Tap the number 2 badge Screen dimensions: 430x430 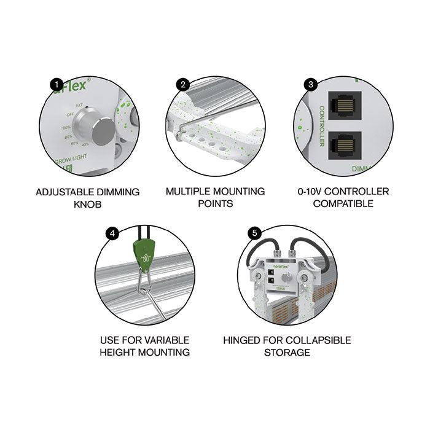click(x=182, y=85)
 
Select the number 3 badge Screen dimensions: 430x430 click(x=311, y=84)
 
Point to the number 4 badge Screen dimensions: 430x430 click(x=111, y=233)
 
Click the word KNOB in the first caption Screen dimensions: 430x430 click(x=88, y=204)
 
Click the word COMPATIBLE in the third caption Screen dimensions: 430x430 click(x=343, y=203)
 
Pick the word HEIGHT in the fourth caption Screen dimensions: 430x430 click(x=119, y=352)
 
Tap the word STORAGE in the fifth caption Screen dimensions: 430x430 click(x=286, y=352)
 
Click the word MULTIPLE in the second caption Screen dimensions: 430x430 click(x=187, y=192)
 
